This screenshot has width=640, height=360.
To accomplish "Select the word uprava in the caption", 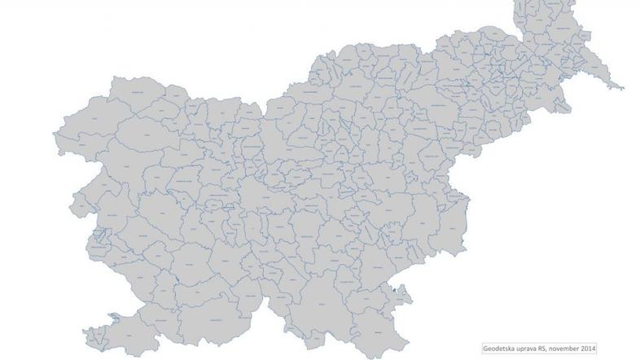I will point(533,346).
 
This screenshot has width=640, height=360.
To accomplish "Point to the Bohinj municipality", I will point(151,130).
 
